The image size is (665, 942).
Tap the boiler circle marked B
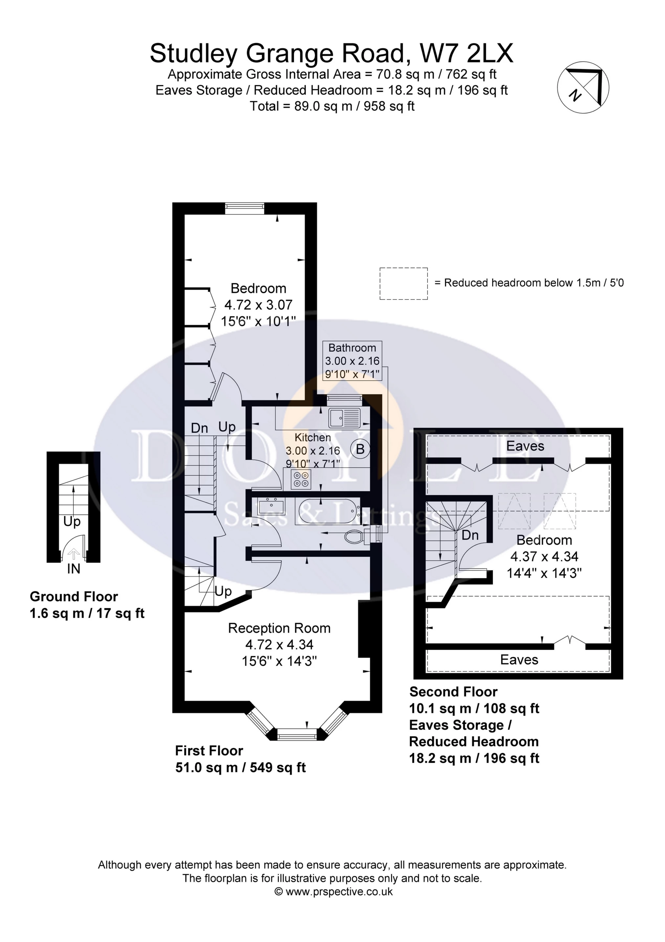point(360,449)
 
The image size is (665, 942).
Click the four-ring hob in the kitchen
point(301,479)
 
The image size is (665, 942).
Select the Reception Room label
point(279,628)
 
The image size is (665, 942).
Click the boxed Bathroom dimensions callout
point(352,361)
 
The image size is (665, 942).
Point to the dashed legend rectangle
point(403,284)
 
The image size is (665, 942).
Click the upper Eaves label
point(525,446)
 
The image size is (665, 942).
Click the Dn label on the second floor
point(470,535)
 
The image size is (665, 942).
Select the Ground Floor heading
point(74,597)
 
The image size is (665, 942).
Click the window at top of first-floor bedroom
point(244,208)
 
